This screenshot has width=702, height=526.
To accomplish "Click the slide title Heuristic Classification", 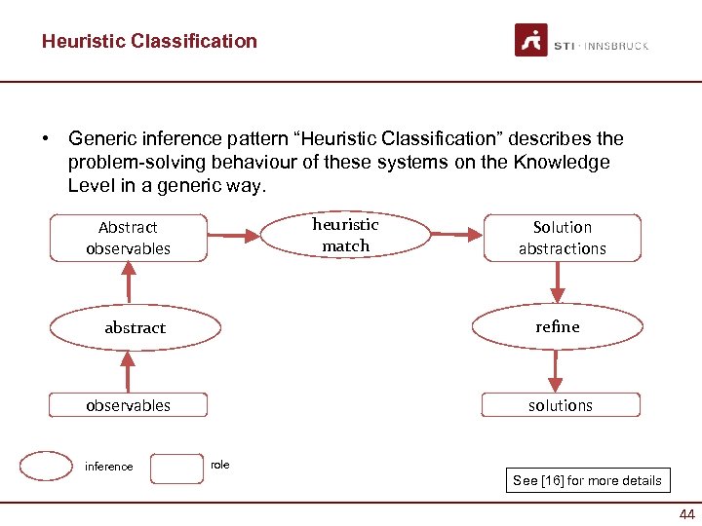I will coord(149,41).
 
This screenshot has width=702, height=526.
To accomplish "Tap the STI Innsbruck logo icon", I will coord(531,40).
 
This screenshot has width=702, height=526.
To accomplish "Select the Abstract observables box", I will coord(129,238).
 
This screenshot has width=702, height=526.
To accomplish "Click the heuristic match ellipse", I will coord(346,236).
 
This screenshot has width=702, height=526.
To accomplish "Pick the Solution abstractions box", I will coord(562,238).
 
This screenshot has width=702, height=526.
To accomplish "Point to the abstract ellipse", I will coord(135,328).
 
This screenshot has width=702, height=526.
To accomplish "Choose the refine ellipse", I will coord(557,327).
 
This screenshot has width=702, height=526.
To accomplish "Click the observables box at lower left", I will coord(129,405).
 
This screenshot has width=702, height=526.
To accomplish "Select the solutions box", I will coord(561,405).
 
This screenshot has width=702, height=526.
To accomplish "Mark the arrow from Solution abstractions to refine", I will coord(558,282).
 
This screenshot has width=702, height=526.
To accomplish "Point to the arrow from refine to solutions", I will coord(556,371).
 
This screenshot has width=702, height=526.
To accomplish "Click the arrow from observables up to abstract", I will coord(127,371).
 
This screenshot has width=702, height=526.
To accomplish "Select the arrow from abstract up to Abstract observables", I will coord(128,283).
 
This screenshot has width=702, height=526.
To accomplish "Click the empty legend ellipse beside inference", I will coord(46,467).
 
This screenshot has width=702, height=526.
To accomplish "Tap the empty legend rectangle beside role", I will coord(177,468).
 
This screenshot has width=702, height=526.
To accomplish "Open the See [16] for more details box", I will coord(587,480).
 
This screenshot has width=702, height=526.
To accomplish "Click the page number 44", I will coord(686,514).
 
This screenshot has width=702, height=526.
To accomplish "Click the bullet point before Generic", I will coord(47,139).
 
